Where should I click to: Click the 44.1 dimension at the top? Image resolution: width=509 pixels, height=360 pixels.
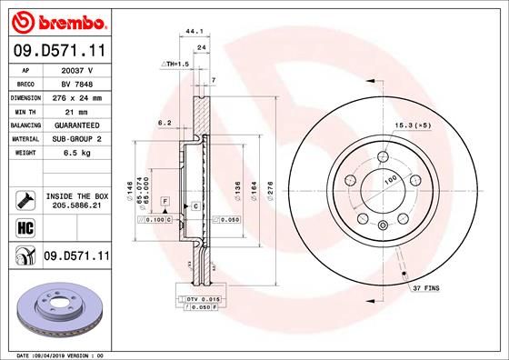pos(192,32)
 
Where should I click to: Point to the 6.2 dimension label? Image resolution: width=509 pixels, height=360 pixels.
pos(165,122)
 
